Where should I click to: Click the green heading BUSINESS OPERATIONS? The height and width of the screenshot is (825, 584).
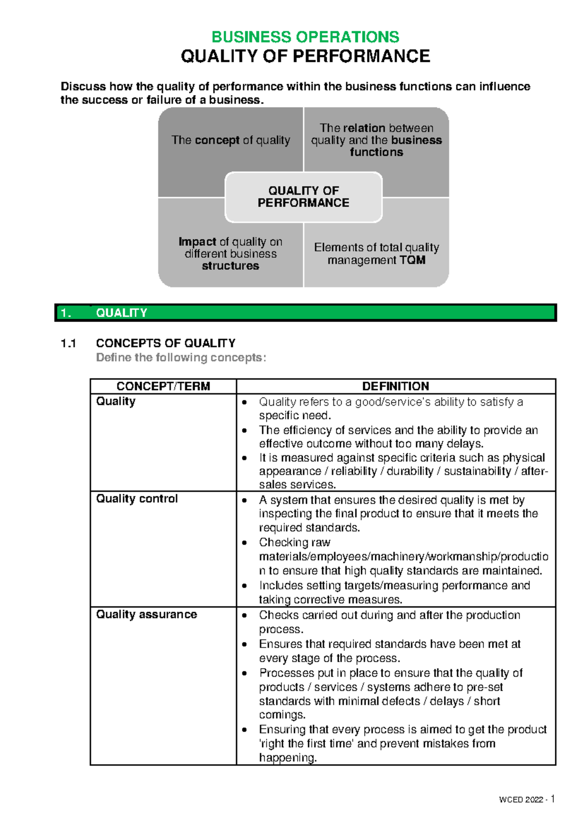click(x=305, y=37)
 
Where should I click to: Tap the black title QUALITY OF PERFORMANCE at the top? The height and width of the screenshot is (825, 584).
click(x=305, y=56)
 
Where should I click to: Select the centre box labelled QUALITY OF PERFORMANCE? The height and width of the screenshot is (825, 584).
click(x=303, y=197)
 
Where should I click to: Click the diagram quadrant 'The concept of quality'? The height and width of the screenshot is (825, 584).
click(x=230, y=141)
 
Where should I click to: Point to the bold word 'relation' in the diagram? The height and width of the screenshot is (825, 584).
click(x=364, y=128)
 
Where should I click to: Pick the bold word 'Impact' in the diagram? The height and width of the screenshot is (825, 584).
click(x=197, y=242)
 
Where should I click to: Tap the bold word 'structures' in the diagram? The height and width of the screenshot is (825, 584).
click(x=230, y=266)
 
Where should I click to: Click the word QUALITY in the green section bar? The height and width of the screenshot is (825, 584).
click(x=121, y=313)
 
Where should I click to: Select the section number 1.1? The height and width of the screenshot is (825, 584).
click(x=69, y=343)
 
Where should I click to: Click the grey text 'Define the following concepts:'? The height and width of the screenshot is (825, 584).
click(x=181, y=358)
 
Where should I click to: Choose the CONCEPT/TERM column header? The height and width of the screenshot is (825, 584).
click(x=163, y=386)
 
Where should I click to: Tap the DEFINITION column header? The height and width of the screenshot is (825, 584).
click(x=395, y=386)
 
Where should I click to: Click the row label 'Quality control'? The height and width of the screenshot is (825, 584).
click(x=137, y=499)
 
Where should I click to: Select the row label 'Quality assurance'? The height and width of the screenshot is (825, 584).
click(x=146, y=614)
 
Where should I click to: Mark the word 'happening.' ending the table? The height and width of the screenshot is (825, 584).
click(x=288, y=757)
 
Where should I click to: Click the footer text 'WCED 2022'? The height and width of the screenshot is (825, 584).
click(x=521, y=800)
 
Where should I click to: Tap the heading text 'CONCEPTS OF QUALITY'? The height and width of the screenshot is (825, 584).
click(x=165, y=343)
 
